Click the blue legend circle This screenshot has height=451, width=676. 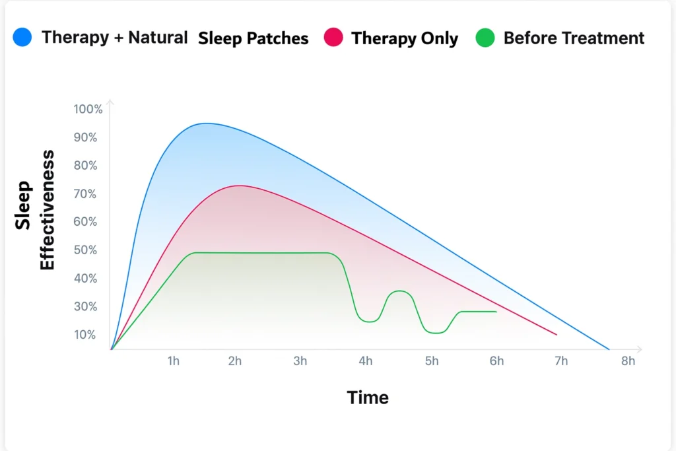22,37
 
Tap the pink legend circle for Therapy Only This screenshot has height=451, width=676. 333,37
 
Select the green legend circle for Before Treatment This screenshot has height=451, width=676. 485,38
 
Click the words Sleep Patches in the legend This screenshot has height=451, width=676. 253,38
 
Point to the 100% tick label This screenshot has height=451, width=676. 88,109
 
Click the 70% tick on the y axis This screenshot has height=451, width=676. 85,193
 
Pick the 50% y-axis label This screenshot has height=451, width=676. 85,250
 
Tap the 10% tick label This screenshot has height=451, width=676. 85,335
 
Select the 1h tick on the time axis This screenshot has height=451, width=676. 174,361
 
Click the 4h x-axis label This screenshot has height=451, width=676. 366,361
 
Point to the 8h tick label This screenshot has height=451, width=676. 628,361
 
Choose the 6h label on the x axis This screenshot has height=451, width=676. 496,361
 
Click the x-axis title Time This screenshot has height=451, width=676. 368,398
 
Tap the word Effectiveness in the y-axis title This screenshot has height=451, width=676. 47,210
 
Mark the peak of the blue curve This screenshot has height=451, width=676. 206,123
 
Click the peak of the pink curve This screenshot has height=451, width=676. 240,186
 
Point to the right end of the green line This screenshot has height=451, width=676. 496,312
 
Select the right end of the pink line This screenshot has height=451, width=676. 557,334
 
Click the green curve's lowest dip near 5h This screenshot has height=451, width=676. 436,333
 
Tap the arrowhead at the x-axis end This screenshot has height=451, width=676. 640,349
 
